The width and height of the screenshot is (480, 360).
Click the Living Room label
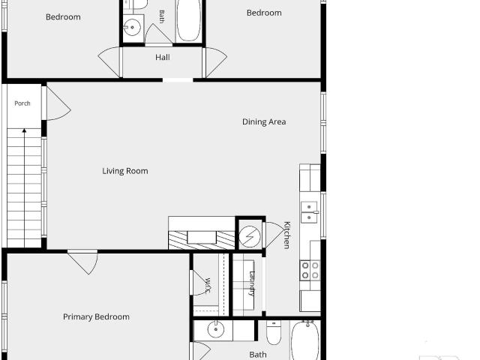[125, 171]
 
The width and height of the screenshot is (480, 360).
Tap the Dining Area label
[264, 121]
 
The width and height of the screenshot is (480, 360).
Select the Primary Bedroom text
[96, 316]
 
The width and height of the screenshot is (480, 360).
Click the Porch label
[22, 103]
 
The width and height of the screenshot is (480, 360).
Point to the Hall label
[163, 57]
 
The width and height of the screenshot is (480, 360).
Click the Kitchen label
[286, 235]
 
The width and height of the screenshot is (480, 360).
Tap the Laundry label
[252, 283]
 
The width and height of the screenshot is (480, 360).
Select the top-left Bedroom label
[63, 17]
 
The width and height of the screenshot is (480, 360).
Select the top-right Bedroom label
[264, 13]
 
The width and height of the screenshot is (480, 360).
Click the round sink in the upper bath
[132, 27]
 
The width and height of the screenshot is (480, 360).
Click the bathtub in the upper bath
[188, 20]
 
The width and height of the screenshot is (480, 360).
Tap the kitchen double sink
[310, 212]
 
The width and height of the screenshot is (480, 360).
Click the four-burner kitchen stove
[310, 270]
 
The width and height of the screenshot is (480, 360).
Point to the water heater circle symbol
[250, 237]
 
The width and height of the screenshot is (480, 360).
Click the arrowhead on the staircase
[24, 130]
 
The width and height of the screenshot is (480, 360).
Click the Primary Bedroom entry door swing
[85, 262]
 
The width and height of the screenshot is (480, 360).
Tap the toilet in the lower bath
[274, 333]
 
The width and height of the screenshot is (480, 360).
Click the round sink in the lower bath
[216, 329]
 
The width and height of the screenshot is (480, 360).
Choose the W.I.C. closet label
[208, 285]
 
